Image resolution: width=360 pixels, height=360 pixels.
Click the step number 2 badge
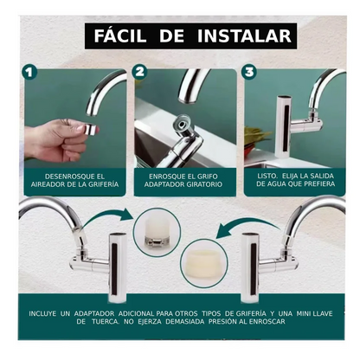140,74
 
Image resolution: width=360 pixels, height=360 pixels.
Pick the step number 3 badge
250,74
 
